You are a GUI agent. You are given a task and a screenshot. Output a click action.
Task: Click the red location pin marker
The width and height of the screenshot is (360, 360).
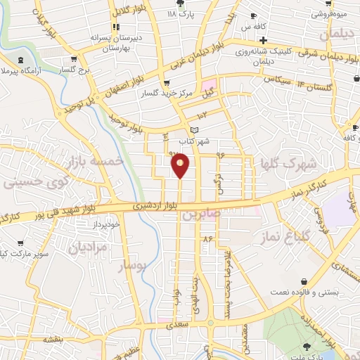181,165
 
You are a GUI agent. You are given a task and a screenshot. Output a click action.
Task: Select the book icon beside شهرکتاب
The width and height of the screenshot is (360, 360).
195,130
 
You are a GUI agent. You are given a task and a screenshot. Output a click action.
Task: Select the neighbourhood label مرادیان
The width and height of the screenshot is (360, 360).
89,247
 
